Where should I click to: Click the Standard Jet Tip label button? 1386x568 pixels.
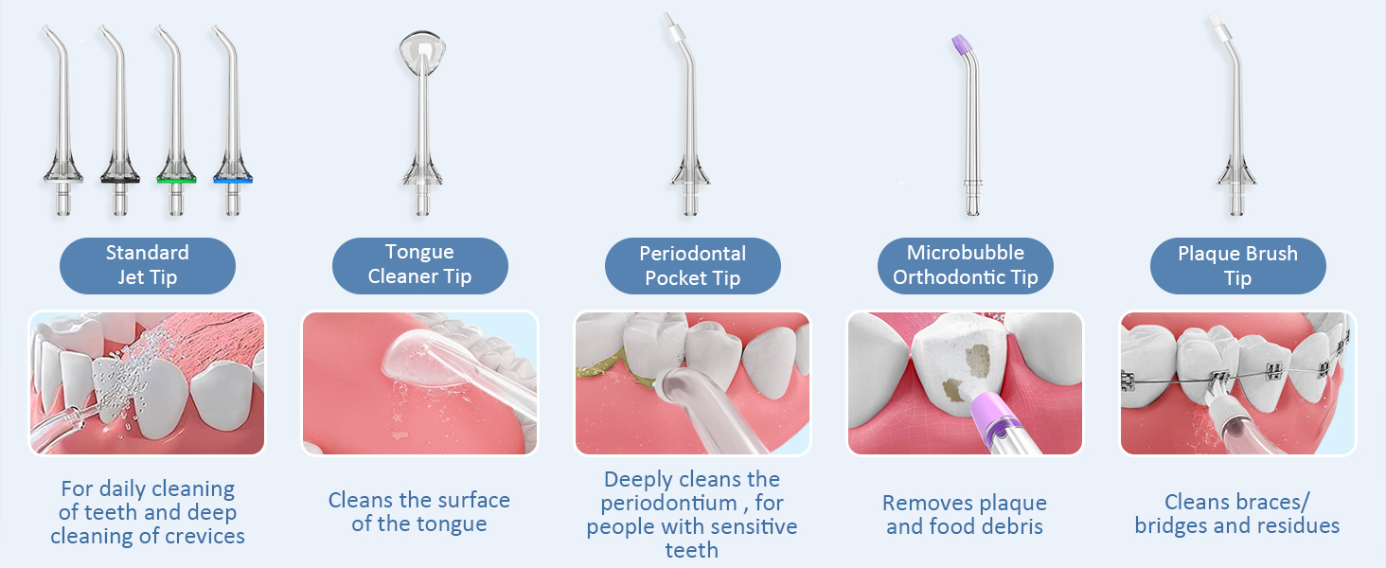[147, 265]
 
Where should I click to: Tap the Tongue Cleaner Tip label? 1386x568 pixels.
[419, 264]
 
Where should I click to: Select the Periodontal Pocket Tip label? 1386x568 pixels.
[692, 265]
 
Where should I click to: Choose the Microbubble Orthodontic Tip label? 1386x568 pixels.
[965, 264]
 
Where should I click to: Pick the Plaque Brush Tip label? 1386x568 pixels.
[1237, 265]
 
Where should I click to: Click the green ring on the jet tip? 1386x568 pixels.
[176, 179]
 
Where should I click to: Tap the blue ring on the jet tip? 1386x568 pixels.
[233, 179]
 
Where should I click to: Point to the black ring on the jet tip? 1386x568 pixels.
[119, 179]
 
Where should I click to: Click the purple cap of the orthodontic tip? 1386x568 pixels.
[961, 44]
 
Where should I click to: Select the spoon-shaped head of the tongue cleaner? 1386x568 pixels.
[419, 48]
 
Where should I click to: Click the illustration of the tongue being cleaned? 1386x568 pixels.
[419, 383]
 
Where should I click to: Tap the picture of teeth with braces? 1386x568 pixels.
[1237, 383]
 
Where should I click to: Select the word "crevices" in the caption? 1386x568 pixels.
[203, 537]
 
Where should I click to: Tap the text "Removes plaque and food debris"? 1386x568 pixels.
[965, 514]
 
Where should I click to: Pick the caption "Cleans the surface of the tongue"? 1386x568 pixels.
[419, 511]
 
